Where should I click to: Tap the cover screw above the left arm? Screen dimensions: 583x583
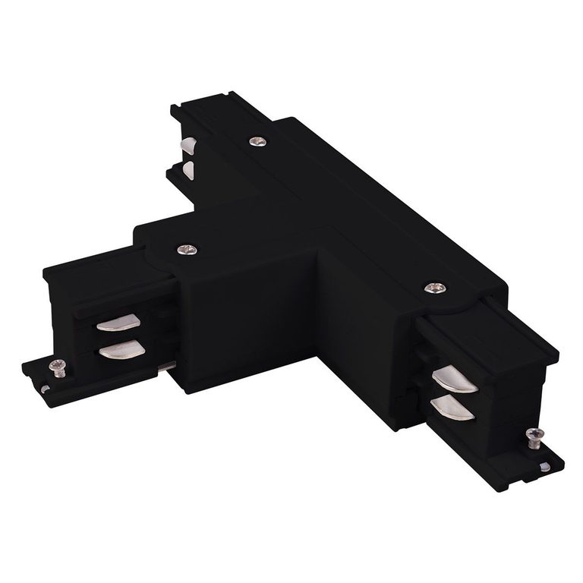coord(186,249)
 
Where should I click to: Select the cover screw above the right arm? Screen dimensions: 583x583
coord(434,288)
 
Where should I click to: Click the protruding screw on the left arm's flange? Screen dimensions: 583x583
coord(56,366)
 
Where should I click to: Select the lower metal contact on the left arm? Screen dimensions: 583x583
coord(121,349)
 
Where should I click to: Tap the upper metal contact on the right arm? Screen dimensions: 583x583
coord(453,380)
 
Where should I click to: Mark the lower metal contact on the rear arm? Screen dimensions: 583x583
coord(187,171)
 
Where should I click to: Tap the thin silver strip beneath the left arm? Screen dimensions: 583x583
coord(167,366)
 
